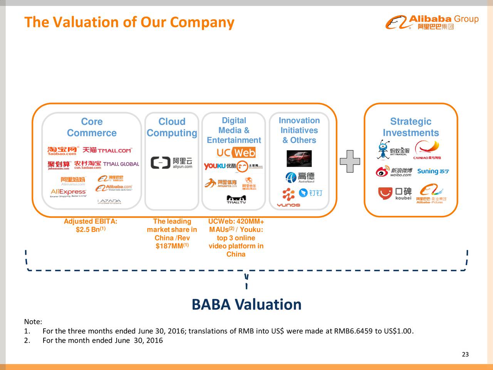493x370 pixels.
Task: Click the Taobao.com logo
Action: [62, 151]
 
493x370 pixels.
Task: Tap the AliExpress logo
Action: [68, 192]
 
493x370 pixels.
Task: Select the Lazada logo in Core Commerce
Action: [109, 201]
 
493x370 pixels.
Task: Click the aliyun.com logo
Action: [172, 163]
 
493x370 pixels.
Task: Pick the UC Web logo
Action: [236, 153]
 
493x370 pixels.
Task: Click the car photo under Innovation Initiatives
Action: [299, 158]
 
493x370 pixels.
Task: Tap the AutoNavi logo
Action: [300, 177]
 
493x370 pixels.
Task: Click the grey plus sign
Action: [350, 160]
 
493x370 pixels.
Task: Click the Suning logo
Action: [433, 171]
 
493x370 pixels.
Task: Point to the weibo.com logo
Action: [394, 172]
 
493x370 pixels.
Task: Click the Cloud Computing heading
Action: [172, 127]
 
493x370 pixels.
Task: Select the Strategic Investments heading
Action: [411, 127]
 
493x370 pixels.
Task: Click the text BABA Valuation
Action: [246, 304]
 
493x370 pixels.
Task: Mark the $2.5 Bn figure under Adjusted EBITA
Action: [91, 230]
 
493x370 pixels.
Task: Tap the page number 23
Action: [465, 355]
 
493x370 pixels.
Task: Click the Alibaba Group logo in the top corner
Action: [432, 22]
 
